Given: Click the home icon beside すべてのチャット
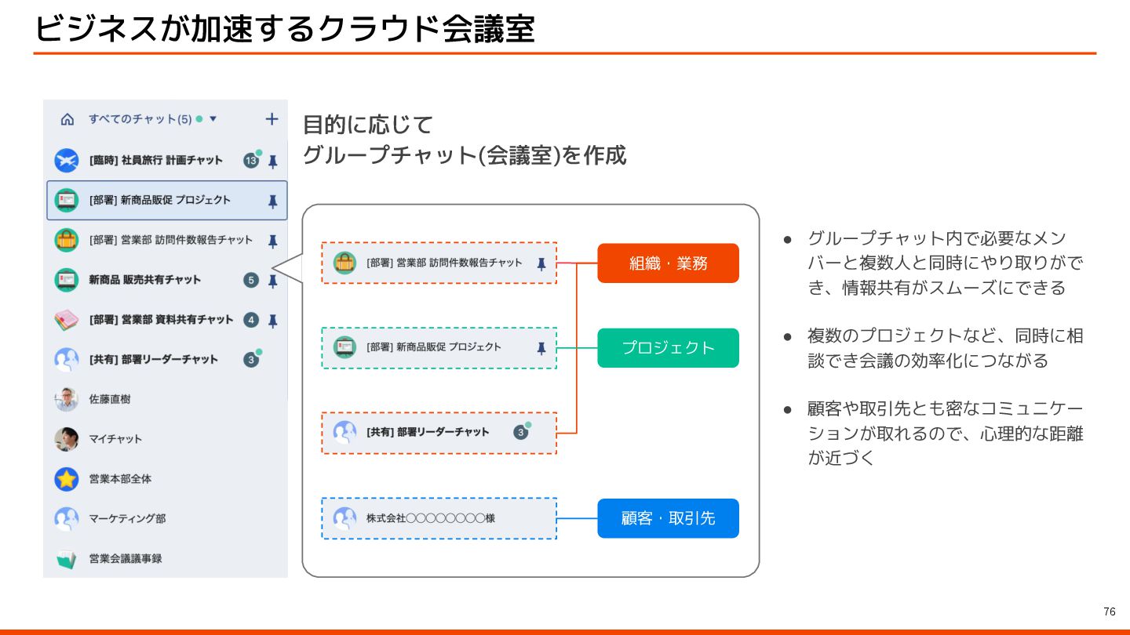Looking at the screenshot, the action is (x=67, y=120).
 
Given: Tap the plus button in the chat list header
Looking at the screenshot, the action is (x=272, y=119).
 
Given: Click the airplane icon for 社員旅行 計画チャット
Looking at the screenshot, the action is (x=67, y=161).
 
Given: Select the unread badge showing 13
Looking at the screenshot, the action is (x=251, y=161).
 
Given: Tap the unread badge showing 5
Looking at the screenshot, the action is (x=251, y=280).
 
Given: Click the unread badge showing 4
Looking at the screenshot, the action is (x=251, y=320).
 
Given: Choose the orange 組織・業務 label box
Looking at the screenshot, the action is (x=668, y=263).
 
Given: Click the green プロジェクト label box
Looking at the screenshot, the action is (x=668, y=348).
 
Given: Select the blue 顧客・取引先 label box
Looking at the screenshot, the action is (x=668, y=518).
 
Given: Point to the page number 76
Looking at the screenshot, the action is (x=1109, y=611).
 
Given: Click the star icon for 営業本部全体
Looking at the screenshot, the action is (x=67, y=479).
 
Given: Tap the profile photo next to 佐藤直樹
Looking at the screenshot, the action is (x=67, y=399).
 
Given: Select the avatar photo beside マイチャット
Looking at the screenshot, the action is (x=67, y=439).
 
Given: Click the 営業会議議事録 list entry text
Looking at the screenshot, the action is (x=126, y=559).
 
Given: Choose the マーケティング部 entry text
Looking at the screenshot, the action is (x=127, y=519).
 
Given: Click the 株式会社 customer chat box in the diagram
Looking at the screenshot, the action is (x=439, y=518).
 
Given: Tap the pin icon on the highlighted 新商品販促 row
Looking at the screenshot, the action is (x=272, y=201).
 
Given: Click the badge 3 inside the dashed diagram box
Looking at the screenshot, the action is (x=520, y=432).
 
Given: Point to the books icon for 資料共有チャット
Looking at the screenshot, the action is (x=67, y=320).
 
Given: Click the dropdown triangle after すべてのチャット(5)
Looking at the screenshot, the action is (x=213, y=120).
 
